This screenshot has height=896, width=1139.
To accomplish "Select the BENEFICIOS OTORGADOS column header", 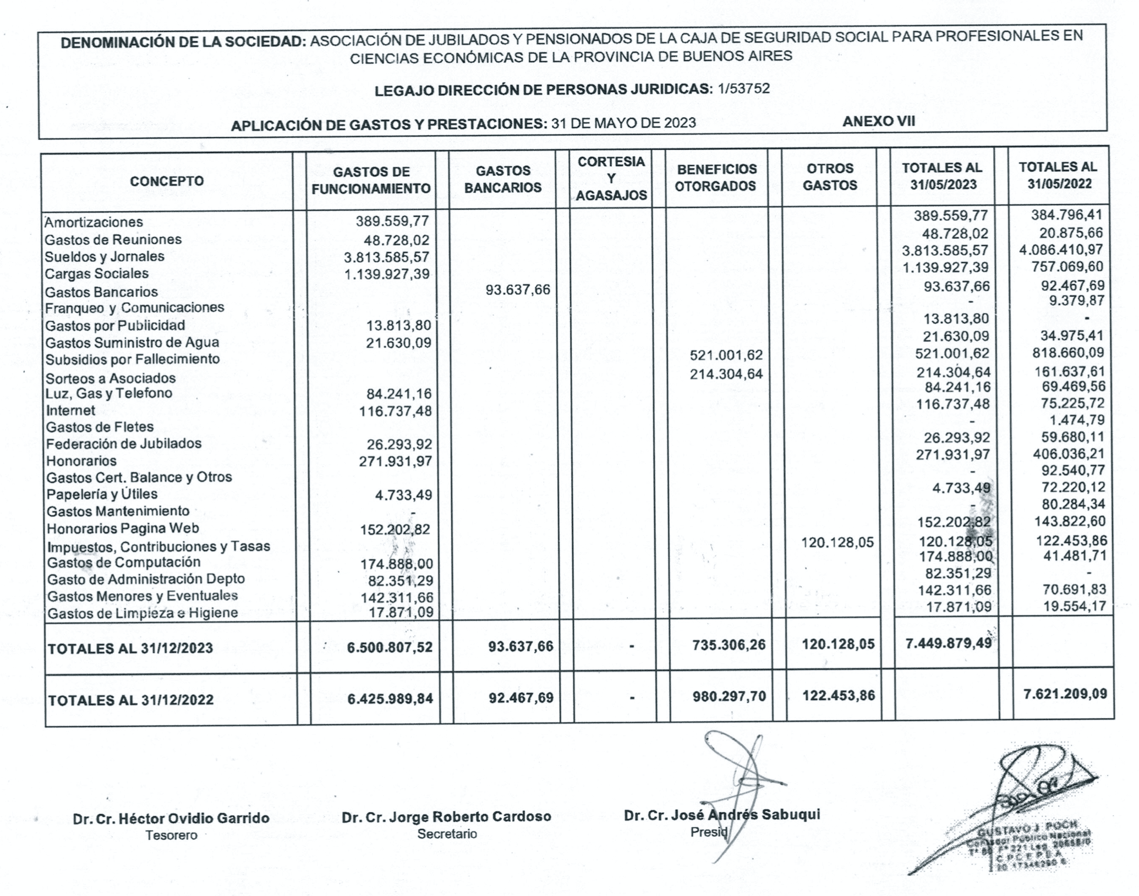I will tap(715, 177).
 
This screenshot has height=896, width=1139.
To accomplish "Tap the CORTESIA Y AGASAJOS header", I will tap(611, 178).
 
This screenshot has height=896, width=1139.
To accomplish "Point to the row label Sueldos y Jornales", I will tap(105, 256).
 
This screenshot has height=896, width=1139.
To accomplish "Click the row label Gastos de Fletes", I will tap(100, 427).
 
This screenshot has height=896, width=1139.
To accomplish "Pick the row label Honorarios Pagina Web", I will tap(123, 528).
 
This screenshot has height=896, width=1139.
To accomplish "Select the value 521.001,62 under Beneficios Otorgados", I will tap(726, 356).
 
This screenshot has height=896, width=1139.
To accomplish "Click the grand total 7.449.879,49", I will tap(949, 642).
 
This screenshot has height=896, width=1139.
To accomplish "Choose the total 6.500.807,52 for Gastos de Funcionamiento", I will tap(390, 647).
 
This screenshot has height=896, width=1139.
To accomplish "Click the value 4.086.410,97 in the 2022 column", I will tap(1061, 249).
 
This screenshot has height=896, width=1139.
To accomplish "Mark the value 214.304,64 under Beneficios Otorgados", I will tap(726, 374).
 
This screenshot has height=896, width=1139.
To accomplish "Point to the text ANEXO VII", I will tap(879, 122).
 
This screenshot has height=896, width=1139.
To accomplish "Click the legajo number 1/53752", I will tap(743, 89).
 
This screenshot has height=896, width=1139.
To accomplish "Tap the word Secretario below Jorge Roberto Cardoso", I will tap(447, 834).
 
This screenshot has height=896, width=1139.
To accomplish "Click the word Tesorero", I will tap(171, 835).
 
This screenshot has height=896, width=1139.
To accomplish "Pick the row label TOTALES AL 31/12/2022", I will tap(130, 700).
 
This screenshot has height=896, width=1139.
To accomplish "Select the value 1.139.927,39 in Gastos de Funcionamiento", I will tap(386, 274).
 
